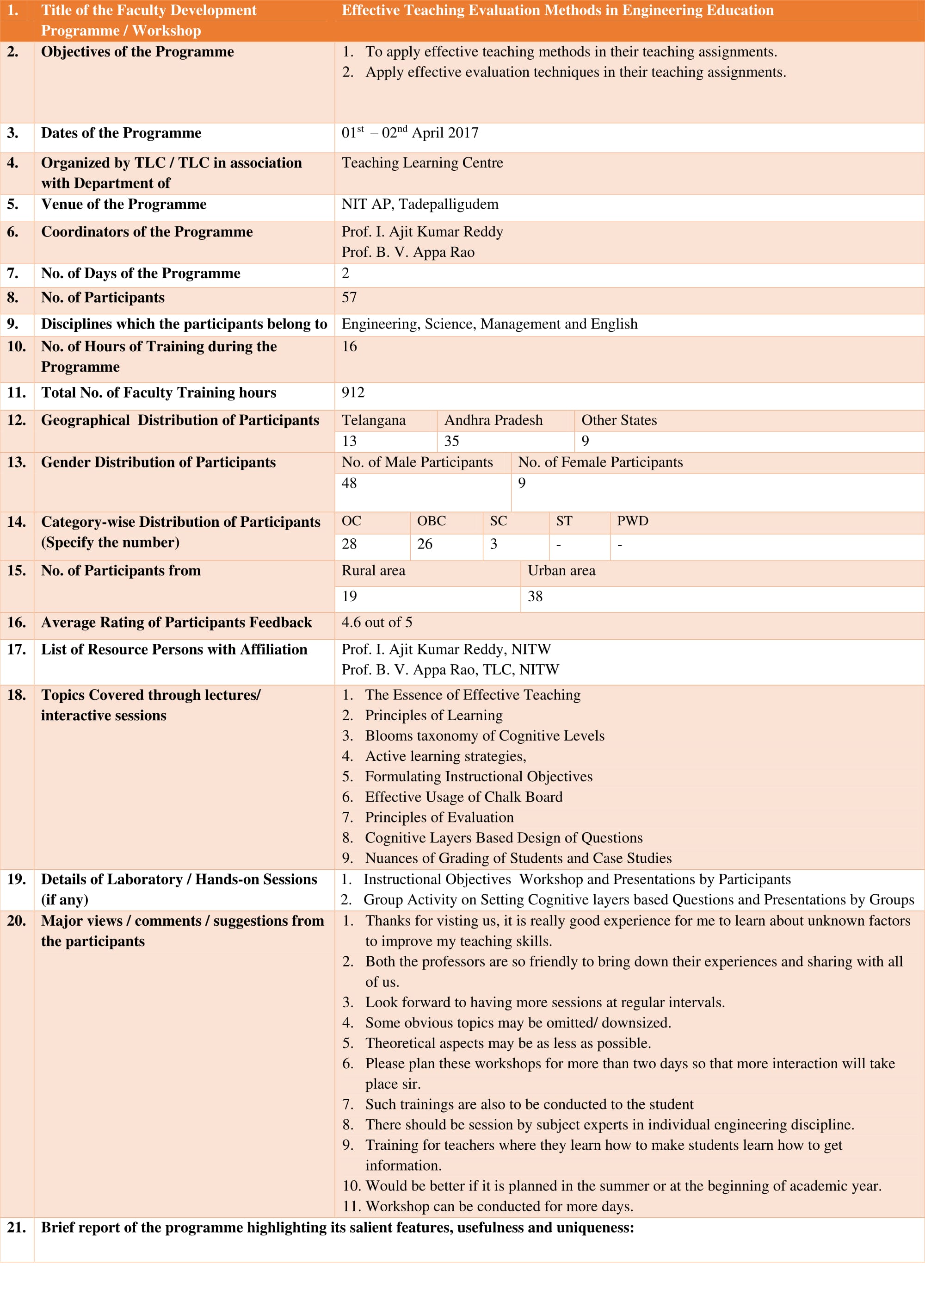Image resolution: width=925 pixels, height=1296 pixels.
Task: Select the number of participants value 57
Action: click(349, 298)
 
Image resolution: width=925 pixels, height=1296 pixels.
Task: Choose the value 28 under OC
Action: click(349, 544)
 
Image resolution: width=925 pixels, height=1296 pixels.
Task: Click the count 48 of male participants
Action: click(349, 483)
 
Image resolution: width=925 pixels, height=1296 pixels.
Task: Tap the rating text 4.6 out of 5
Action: click(376, 623)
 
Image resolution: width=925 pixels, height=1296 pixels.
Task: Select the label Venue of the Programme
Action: click(123, 205)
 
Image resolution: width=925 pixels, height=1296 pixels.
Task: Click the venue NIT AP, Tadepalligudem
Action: click(420, 205)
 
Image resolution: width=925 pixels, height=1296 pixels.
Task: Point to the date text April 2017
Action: click(445, 133)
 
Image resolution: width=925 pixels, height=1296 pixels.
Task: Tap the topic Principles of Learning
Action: click(433, 715)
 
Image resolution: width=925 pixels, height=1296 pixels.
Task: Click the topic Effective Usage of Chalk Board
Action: click(463, 797)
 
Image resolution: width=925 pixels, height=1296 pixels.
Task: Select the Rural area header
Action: click(373, 571)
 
